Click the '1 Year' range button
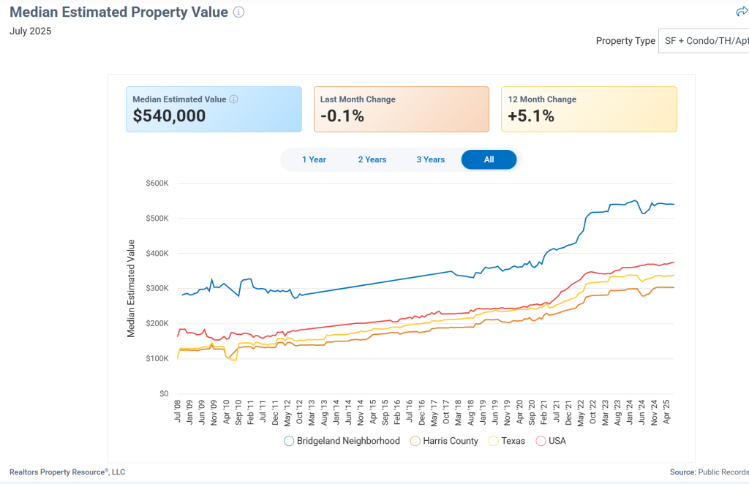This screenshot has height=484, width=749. (314, 159)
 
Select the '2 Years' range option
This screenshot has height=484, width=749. (372, 159)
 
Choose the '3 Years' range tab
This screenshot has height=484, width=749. (431, 159)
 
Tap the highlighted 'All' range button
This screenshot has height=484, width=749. (489, 159)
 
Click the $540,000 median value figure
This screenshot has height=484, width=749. (169, 116)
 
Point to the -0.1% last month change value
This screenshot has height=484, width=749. (342, 116)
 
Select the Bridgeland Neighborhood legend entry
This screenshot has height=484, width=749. (342, 441)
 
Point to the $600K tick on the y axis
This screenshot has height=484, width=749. (157, 184)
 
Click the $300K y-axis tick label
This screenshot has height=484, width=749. (157, 289)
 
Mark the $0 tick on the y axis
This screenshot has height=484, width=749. (164, 394)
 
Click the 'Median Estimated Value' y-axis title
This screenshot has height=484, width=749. (132, 288)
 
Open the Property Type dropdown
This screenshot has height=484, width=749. (704, 41)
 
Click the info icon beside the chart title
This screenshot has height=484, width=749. (238, 12)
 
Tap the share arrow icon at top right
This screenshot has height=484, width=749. (741, 12)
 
